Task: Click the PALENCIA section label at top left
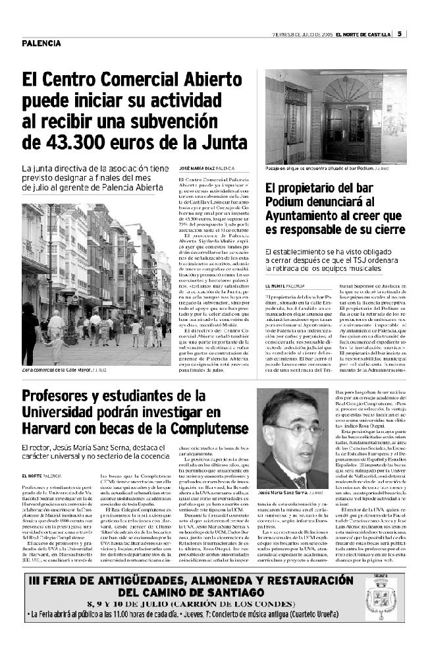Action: (41, 43)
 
